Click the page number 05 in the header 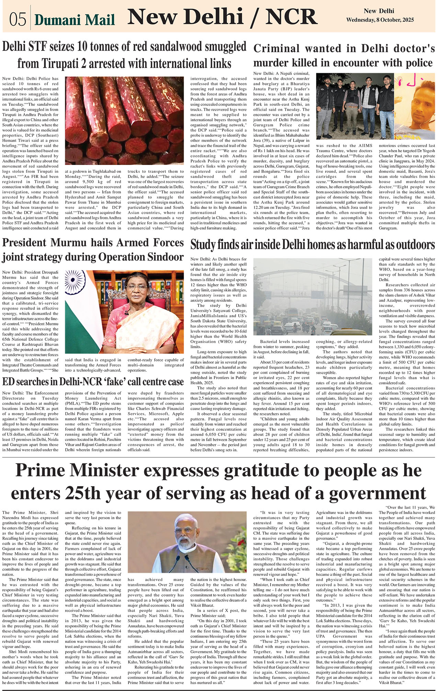18,19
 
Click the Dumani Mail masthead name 75,20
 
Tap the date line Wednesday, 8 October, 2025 380,20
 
